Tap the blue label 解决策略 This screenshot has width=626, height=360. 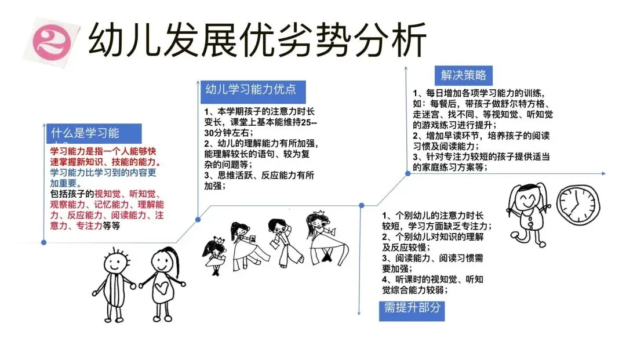[463, 75]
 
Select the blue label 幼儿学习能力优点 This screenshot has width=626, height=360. [250, 90]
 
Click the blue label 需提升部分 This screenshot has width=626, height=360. [412, 307]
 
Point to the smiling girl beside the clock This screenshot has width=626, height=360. [527, 209]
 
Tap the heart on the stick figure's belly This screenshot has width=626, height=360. [162, 286]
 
